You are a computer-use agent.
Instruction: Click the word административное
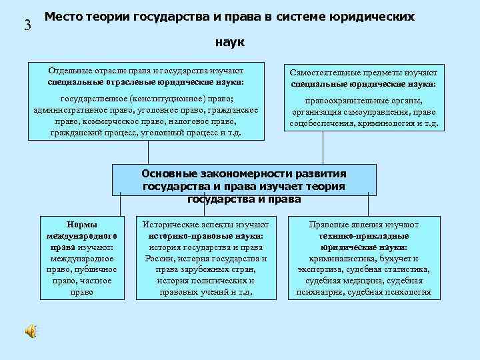69,110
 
